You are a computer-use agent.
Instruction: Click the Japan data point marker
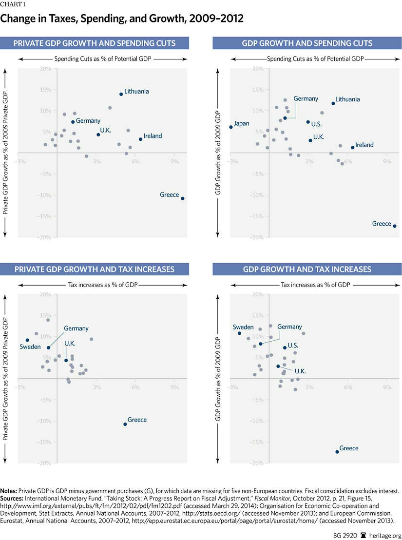pyautogui.click(x=231, y=127)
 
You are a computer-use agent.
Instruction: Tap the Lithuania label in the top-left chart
pyautogui.click(x=136, y=91)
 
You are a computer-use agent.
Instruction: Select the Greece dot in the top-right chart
pyautogui.click(x=395, y=226)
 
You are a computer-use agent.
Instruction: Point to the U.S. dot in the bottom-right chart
pyautogui.click(x=285, y=347)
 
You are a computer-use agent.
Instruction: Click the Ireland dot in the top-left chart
pyautogui.click(x=140, y=139)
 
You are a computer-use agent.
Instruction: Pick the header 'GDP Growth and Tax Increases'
pyautogui.click(x=307, y=269)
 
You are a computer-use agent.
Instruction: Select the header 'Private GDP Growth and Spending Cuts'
pyautogui.click(x=95, y=43)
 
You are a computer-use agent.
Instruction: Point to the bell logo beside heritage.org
pyautogui.click(x=363, y=535)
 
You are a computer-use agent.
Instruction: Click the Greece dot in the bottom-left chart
pyautogui.click(x=125, y=424)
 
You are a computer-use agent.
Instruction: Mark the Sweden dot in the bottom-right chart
pyautogui.click(x=239, y=333)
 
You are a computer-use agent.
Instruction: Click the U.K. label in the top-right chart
pyautogui.click(x=319, y=137)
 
